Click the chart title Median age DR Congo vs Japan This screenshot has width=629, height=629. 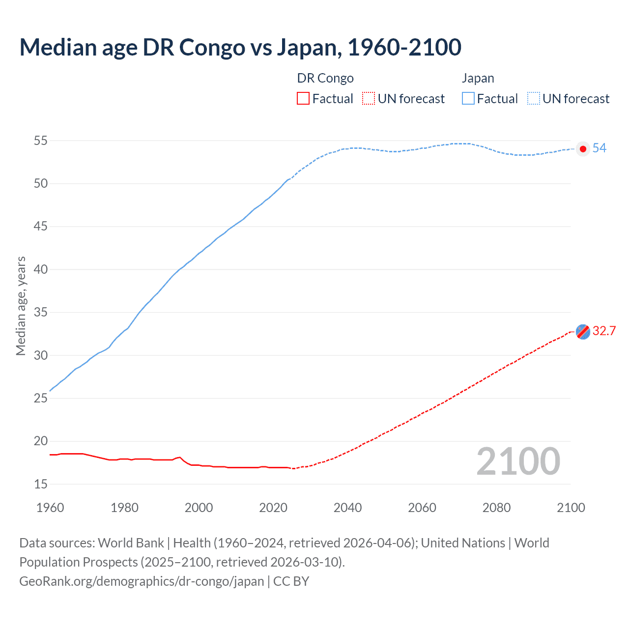coord(240,47)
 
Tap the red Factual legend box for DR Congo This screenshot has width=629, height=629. coord(303,99)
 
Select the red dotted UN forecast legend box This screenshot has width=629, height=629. coord(368,99)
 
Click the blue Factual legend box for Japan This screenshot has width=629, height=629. coord(468,99)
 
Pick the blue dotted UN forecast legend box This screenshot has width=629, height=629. coord(533,99)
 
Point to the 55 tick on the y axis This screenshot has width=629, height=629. coord(41,141)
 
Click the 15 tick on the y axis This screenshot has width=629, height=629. coord(41,484)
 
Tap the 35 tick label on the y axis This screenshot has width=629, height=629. coord(41,313)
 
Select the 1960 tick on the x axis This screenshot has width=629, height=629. coord(50,508)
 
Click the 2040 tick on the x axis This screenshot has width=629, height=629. coord(347,508)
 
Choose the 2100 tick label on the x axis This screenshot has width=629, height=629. coord(571,508)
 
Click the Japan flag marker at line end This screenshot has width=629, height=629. coord(583,149)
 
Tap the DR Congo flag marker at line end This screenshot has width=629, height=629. coord(583,332)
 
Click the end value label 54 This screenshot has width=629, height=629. coord(599,148)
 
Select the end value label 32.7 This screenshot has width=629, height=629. coord(604,331)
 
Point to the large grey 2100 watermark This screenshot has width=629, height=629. coord(518,461)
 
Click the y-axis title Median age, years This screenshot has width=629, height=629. coord(21,306)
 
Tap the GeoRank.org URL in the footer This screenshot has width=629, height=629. coord(142,581)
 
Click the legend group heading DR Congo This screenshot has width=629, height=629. coord(325,78)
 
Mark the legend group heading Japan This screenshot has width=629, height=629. coord(478,78)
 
